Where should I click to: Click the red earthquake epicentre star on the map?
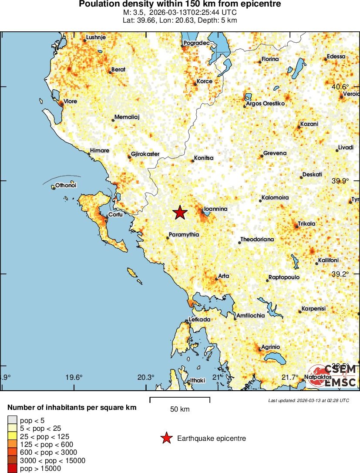coord(180,213)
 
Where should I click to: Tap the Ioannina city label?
coord(216,209)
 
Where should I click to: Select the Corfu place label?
coord(116,214)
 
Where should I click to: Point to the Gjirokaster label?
coord(145,154)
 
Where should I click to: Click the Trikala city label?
coord(306,224)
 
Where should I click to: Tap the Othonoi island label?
coord(66,186)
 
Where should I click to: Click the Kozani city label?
coord(309,124)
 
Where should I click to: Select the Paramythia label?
coord(184,235)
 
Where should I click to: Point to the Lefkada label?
coord(200,320)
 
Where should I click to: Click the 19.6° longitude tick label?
coord(75,377)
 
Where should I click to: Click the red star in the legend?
coord(166,439)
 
